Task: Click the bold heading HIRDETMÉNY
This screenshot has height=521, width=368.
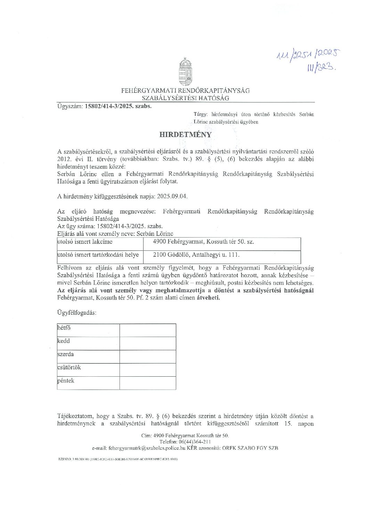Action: pyautogui.click(x=185, y=135)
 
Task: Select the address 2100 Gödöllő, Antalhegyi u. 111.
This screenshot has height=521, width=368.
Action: pyautogui.click(x=196, y=255)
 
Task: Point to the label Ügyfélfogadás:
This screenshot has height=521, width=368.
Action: pyautogui.click(x=77, y=312)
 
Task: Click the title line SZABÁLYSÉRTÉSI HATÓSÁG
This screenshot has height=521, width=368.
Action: pyautogui.click(x=185, y=98)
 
